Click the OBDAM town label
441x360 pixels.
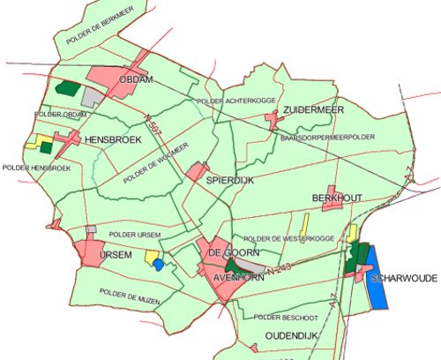point(137,79)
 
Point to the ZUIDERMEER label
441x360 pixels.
point(313,109)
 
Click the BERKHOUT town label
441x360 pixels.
point(338,199)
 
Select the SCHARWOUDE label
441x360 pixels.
point(404,277)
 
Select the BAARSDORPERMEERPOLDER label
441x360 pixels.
point(327,139)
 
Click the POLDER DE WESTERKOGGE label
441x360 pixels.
point(288,238)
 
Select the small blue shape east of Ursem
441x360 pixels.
point(158,263)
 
